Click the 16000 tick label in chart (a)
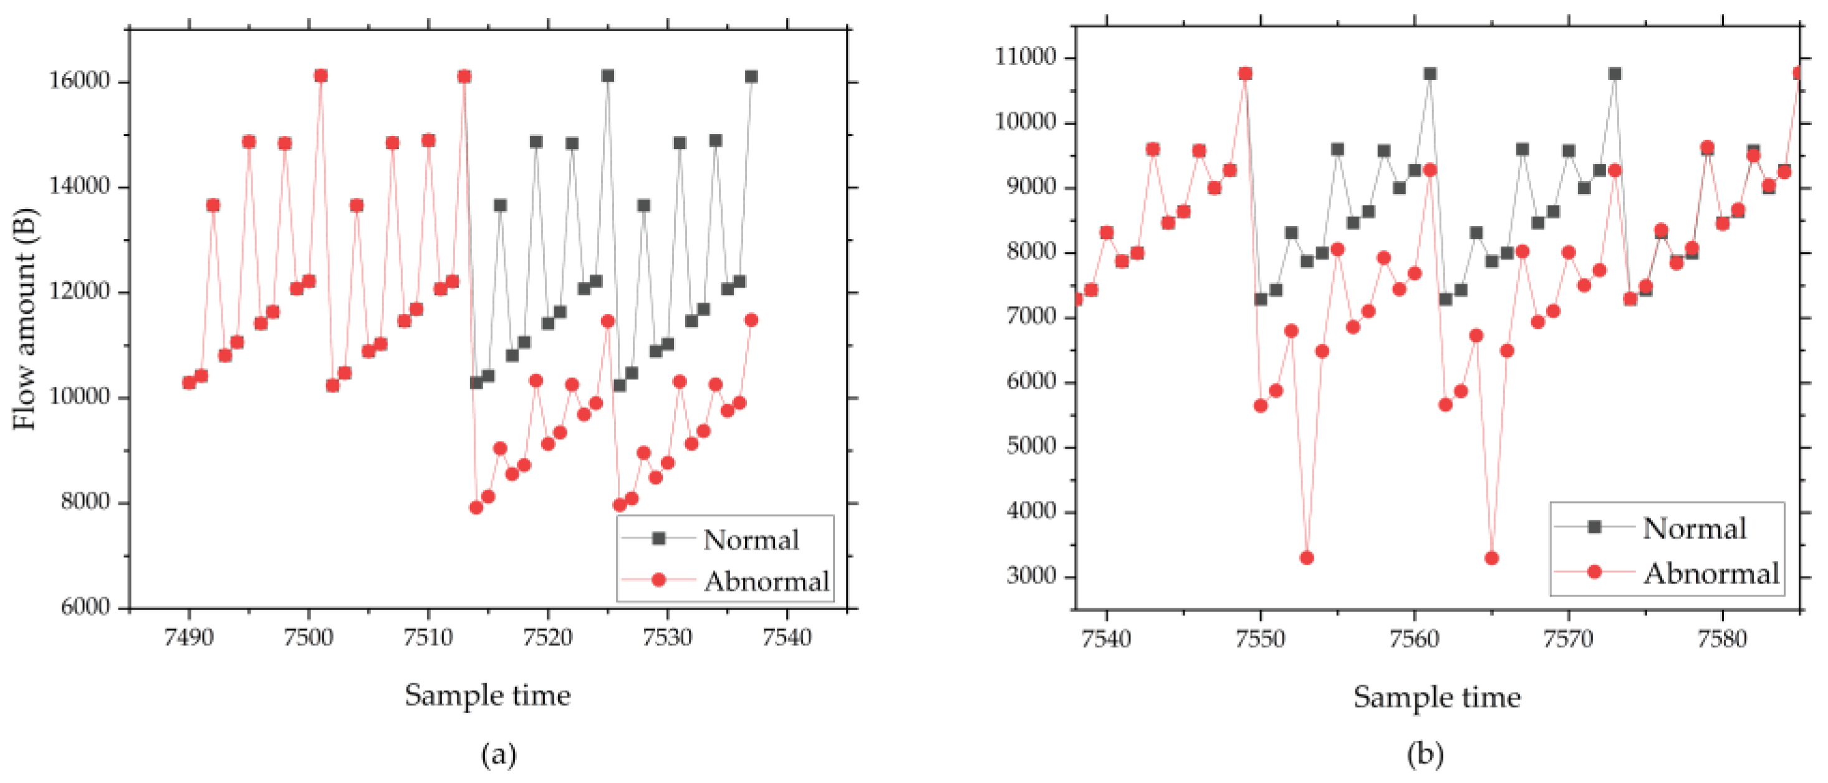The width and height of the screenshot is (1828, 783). click(x=79, y=81)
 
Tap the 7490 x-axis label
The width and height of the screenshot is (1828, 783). click(x=188, y=638)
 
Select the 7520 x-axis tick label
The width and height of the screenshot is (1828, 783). click(x=547, y=638)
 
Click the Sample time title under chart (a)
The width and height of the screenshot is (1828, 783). click(x=488, y=695)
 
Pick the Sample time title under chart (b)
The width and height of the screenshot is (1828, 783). click(x=1436, y=696)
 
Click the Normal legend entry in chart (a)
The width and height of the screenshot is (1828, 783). click(x=750, y=540)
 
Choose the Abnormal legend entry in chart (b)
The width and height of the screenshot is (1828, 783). click(x=1711, y=573)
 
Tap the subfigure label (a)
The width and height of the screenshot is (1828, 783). click(x=499, y=754)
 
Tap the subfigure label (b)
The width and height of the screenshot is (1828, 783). click(x=1425, y=754)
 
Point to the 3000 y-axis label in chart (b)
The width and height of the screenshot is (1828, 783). click(x=1031, y=576)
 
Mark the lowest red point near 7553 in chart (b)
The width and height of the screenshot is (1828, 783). click(x=1306, y=558)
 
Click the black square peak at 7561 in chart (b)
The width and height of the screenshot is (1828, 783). click(x=1430, y=74)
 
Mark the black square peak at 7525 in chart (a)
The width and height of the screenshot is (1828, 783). click(x=607, y=76)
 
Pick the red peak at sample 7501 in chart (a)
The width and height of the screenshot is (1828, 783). click(x=320, y=76)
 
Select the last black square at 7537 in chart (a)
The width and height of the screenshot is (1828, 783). click(x=751, y=77)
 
